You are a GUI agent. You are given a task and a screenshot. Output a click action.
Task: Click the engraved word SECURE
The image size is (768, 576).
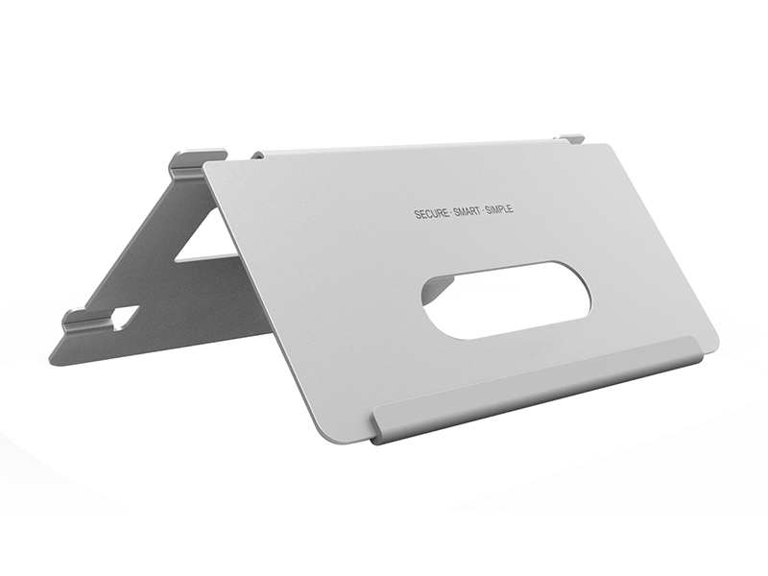coord(431,213)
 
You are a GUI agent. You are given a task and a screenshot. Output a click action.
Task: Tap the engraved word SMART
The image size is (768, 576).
coord(467,211)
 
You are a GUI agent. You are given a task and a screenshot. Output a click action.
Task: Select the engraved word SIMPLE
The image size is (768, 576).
coord(499,209)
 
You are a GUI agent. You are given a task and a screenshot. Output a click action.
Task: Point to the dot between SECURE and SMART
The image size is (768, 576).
coord(451,213)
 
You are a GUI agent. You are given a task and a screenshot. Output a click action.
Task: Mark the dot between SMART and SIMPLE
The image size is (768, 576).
coord(483,210)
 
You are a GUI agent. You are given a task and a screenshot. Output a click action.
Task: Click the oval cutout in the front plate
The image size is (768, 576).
coord(507,300)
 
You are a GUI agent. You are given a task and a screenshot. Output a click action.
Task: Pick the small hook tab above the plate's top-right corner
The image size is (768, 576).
coord(570,138)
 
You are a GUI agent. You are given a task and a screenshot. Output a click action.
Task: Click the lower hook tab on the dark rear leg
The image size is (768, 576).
coord(87,319)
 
